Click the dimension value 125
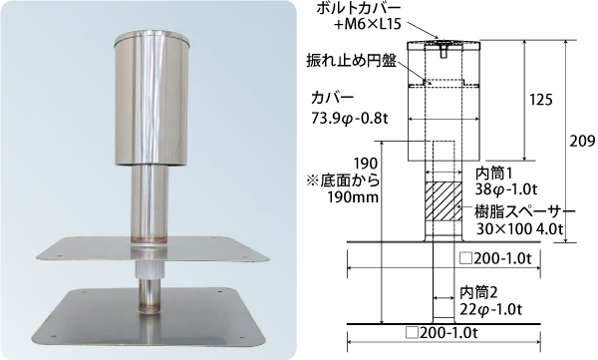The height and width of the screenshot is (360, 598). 541,100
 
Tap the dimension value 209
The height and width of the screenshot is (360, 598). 582,142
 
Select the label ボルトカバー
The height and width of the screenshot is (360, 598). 359,8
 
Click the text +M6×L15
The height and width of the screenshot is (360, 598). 367,25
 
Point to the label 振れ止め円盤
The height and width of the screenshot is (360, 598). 352,61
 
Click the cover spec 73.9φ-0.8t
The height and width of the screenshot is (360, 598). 350,119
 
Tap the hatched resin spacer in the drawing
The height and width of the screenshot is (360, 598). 444,200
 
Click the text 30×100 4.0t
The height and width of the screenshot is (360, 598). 520,228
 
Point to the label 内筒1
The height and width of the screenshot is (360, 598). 494,174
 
